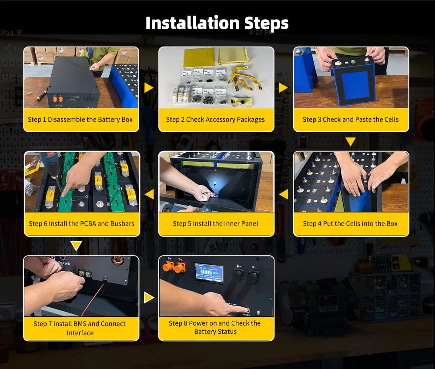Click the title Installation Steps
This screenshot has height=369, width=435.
tap(217, 23)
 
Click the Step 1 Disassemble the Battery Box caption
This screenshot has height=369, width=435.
tap(80, 120)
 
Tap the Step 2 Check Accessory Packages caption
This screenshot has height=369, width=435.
tap(215, 120)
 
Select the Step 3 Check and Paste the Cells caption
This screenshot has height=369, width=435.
tap(351, 120)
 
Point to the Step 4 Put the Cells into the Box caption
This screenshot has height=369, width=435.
tap(350, 223)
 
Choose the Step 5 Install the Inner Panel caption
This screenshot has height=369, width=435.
tap(215, 223)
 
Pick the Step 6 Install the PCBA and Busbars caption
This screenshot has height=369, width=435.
tap(82, 223)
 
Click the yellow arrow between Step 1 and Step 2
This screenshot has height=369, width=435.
tap(149, 88)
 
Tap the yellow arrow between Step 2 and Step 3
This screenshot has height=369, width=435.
tap(283, 88)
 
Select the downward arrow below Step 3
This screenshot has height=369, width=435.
tap(351, 141)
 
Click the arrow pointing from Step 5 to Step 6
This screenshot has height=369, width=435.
tap(149, 194)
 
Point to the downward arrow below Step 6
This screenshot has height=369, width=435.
tap(76, 246)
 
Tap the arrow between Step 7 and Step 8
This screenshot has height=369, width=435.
tap(149, 298)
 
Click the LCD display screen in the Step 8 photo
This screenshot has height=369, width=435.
tap(209, 273)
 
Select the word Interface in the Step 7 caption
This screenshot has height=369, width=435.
tap(80, 332)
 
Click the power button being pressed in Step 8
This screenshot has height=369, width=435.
tap(247, 310)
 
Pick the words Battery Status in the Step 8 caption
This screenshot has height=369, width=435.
tap(215, 332)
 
